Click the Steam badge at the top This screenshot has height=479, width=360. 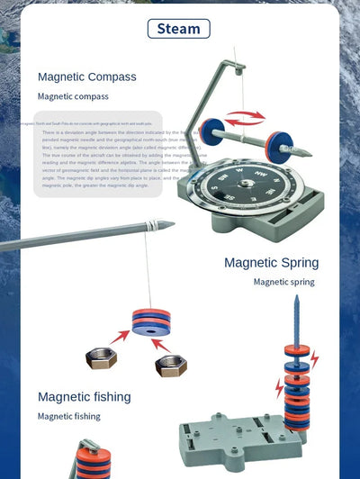179,28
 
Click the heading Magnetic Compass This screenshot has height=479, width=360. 87,77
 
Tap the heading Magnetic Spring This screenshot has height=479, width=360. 271,263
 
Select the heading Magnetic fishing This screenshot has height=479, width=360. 84,397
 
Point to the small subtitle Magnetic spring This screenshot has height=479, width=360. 283,282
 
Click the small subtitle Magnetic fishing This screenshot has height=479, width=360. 68,416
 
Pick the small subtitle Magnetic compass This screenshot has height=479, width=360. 73,95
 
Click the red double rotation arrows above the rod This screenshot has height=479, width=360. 245,117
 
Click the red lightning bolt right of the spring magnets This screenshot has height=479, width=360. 314,360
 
